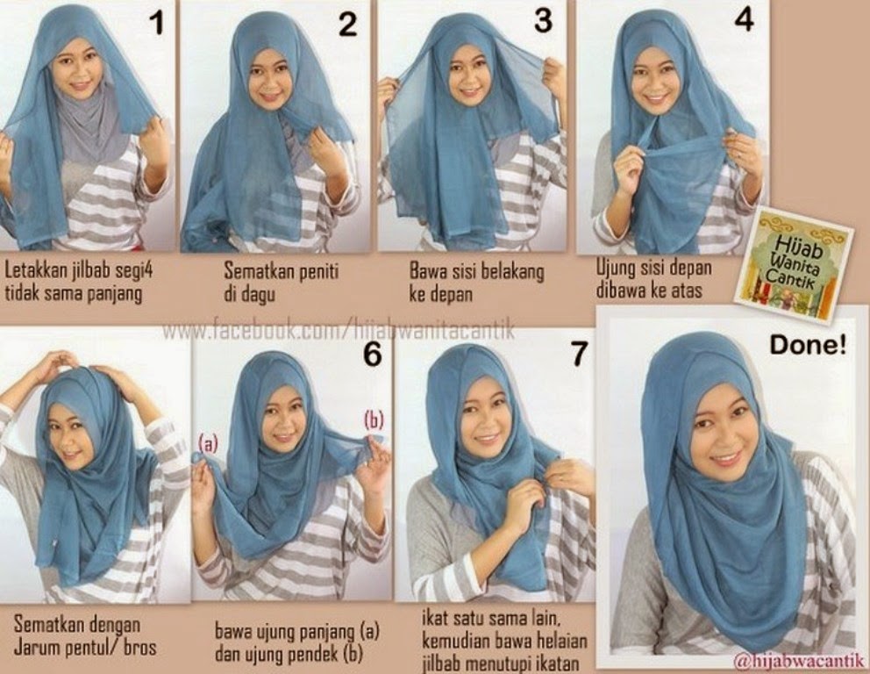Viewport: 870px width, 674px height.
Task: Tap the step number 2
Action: (x=348, y=25)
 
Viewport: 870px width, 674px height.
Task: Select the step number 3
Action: (x=544, y=21)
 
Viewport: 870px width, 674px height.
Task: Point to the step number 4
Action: (x=743, y=21)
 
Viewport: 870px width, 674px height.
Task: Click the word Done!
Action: (x=808, y=346)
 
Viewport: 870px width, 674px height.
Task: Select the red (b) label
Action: (x=374, y=420)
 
